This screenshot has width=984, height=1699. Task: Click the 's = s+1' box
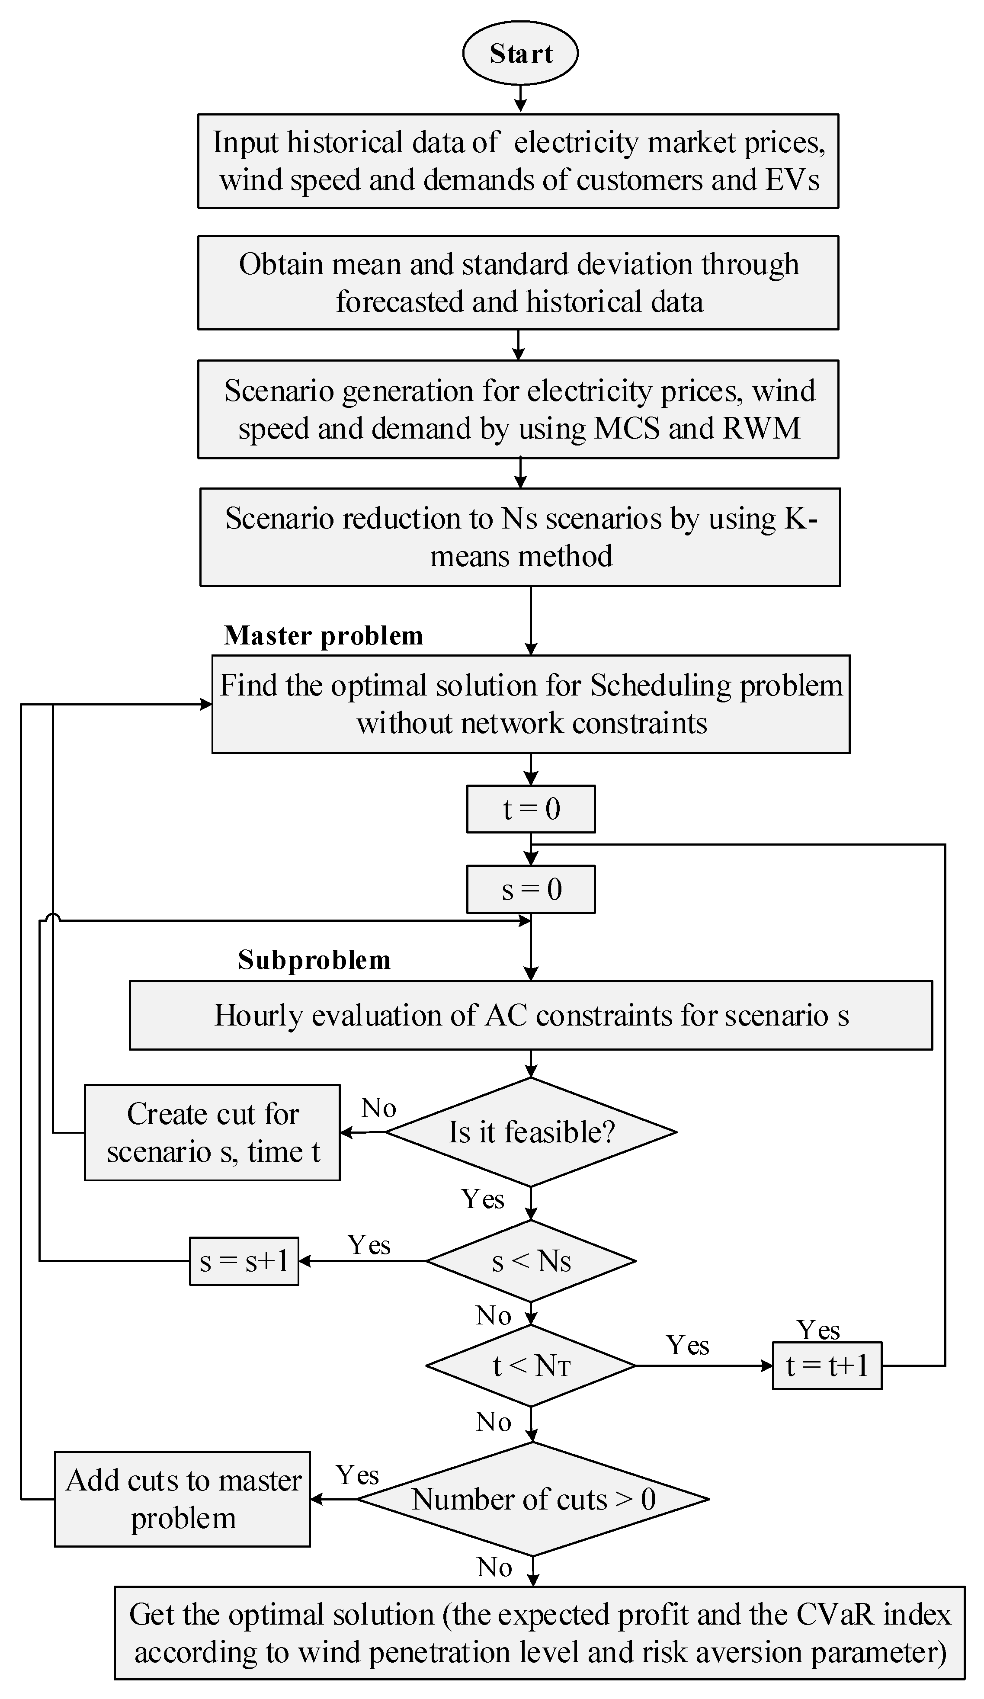click(x=244, y=1261)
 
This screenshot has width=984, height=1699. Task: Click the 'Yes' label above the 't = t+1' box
click(x=818, y=1330)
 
